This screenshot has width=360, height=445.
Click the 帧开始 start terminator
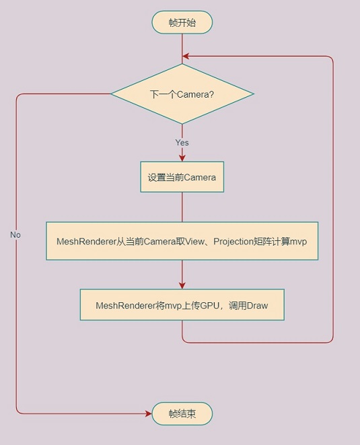click(x=182, y=22)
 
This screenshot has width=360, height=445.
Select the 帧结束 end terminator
click(x=182, y=413)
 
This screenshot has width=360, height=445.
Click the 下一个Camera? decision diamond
click(x=182, y=94)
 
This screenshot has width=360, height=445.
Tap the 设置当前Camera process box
click(x=182, y=177)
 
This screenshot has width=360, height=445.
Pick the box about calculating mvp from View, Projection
click(x=182, y=241)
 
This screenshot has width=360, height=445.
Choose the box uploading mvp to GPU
click(x=182, y=305)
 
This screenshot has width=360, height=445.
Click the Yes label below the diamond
click(x=182, y=143)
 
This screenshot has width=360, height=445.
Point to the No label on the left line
click(x=15, y=235)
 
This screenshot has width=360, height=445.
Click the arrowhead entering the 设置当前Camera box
click(x=182, y=158)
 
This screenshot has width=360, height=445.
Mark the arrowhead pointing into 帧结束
click(x=148, y=413)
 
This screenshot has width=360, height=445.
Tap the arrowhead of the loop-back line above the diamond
click(x=186, y=56)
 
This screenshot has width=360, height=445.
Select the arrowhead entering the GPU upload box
click(x=182, y=286)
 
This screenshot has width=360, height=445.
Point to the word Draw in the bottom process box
click(x=257, y=306)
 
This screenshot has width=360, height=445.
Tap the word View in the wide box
click(x=194, y=242)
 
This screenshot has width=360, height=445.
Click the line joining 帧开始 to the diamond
click(x=182, y=49)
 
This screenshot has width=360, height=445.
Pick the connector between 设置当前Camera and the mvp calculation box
click(x=182, y=207)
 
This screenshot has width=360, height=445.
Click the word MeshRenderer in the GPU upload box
click(x=126, y=306)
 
